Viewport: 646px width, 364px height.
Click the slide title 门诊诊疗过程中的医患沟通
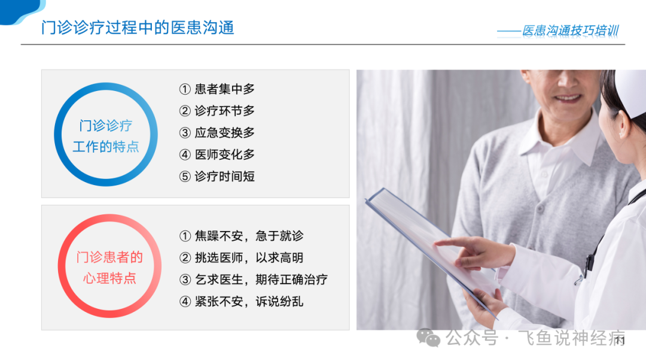point(138,28)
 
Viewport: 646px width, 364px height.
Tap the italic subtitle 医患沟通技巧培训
point(570,31)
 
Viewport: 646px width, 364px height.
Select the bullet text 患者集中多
point(224,89)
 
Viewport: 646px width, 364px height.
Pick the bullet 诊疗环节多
point(224,111)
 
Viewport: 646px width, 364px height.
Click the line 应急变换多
point(224,133)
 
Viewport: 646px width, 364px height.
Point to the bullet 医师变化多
point(224,154)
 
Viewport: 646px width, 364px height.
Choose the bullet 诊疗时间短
point(224,177)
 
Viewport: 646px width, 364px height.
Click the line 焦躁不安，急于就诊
point(249,236)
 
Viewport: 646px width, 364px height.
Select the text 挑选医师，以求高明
point(249,257)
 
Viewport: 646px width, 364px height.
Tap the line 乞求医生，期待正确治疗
point(261,280)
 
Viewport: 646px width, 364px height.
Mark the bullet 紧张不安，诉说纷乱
point(249,301)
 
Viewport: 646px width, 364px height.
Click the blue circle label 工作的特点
point(106,146)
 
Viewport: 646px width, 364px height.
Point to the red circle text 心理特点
point(109,278)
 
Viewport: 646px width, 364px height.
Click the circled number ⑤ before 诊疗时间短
point(185,177)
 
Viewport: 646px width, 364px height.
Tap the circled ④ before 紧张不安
point(185,302)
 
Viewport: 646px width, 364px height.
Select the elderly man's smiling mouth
point(568,99)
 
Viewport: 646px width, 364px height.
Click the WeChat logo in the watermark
point(428,338)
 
